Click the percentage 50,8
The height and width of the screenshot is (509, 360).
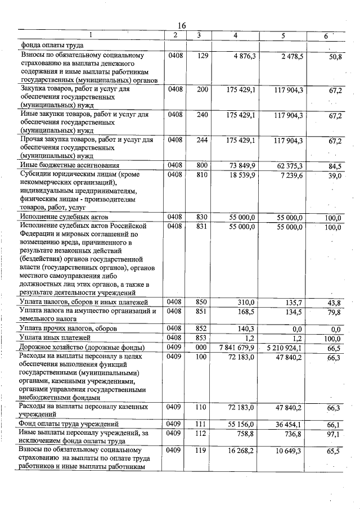(x=336, y=57)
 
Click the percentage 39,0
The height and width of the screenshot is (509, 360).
(x=335, y=176)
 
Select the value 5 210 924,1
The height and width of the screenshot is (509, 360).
(x=284, y=348)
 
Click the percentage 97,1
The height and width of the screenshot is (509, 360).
(x=335, y=434)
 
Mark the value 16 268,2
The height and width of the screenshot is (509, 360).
(x=243, y=451)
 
